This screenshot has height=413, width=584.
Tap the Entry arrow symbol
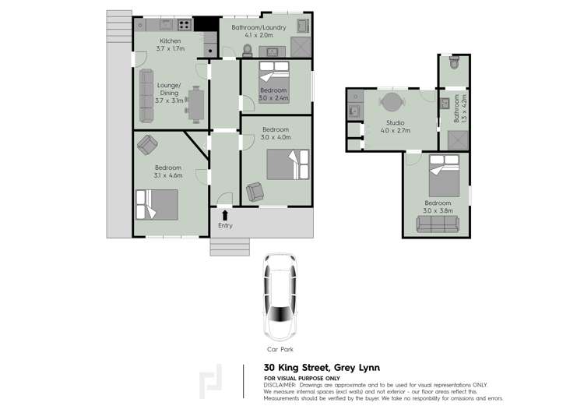[x=225, y=214]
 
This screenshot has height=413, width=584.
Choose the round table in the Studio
[x=392, y=103]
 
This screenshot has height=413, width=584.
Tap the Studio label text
[x=396, y=122]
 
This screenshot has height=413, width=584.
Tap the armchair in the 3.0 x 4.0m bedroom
[x=254, y=192]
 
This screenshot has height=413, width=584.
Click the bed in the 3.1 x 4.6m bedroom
[x=157, y=205]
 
